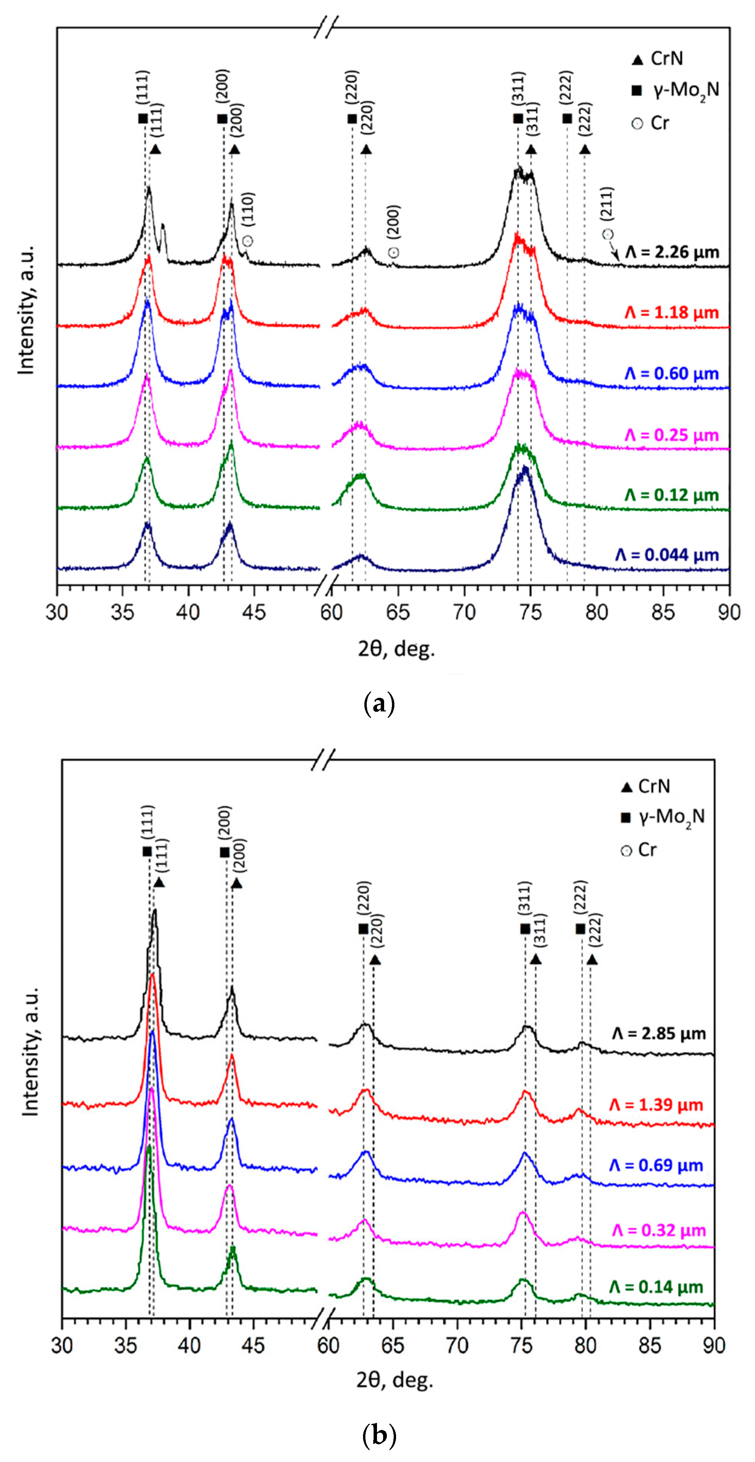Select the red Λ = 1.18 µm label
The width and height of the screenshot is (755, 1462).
point(672,313)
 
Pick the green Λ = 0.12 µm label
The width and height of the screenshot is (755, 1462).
point(672,495)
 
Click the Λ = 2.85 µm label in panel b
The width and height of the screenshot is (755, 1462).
point(659,1033)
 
